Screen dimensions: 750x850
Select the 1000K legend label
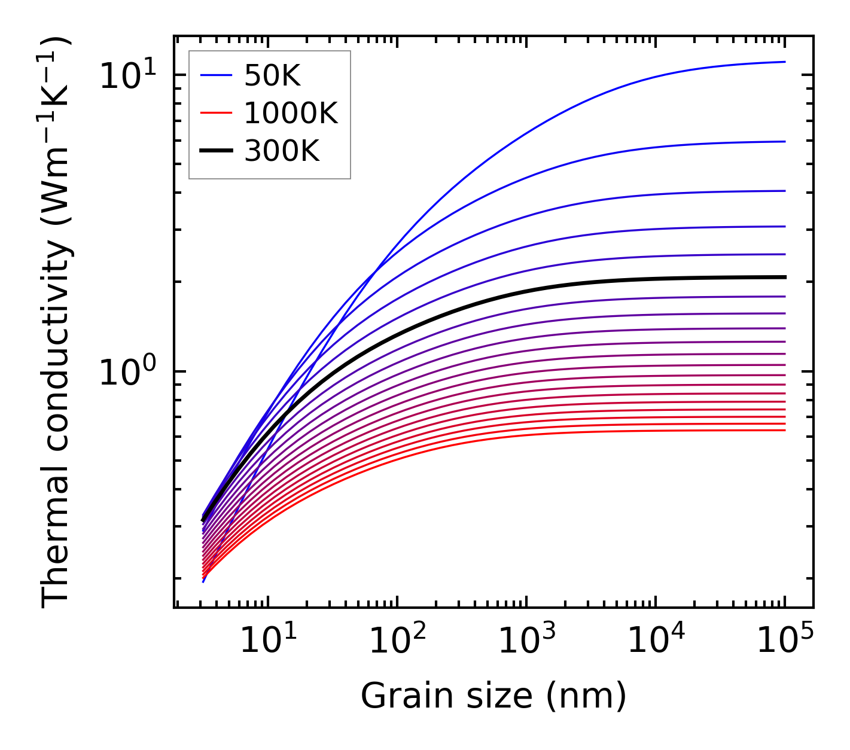[291, 113]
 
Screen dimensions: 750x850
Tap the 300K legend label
[282, 151]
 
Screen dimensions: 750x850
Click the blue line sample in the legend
[215, 75]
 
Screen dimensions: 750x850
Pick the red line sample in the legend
[215, 113]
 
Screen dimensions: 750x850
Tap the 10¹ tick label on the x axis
[268, 641]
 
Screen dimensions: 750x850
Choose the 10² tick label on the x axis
[397, 641]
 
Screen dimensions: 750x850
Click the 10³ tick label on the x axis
[526, 641]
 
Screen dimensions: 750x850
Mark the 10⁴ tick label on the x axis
[656, 641]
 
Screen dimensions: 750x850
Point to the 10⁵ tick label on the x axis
[785, 641]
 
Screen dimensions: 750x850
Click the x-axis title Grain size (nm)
[493, 696]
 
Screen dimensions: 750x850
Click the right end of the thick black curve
[784, 277]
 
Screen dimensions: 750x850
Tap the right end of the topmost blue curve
[784, 62]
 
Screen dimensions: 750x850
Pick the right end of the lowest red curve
[784, 430]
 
